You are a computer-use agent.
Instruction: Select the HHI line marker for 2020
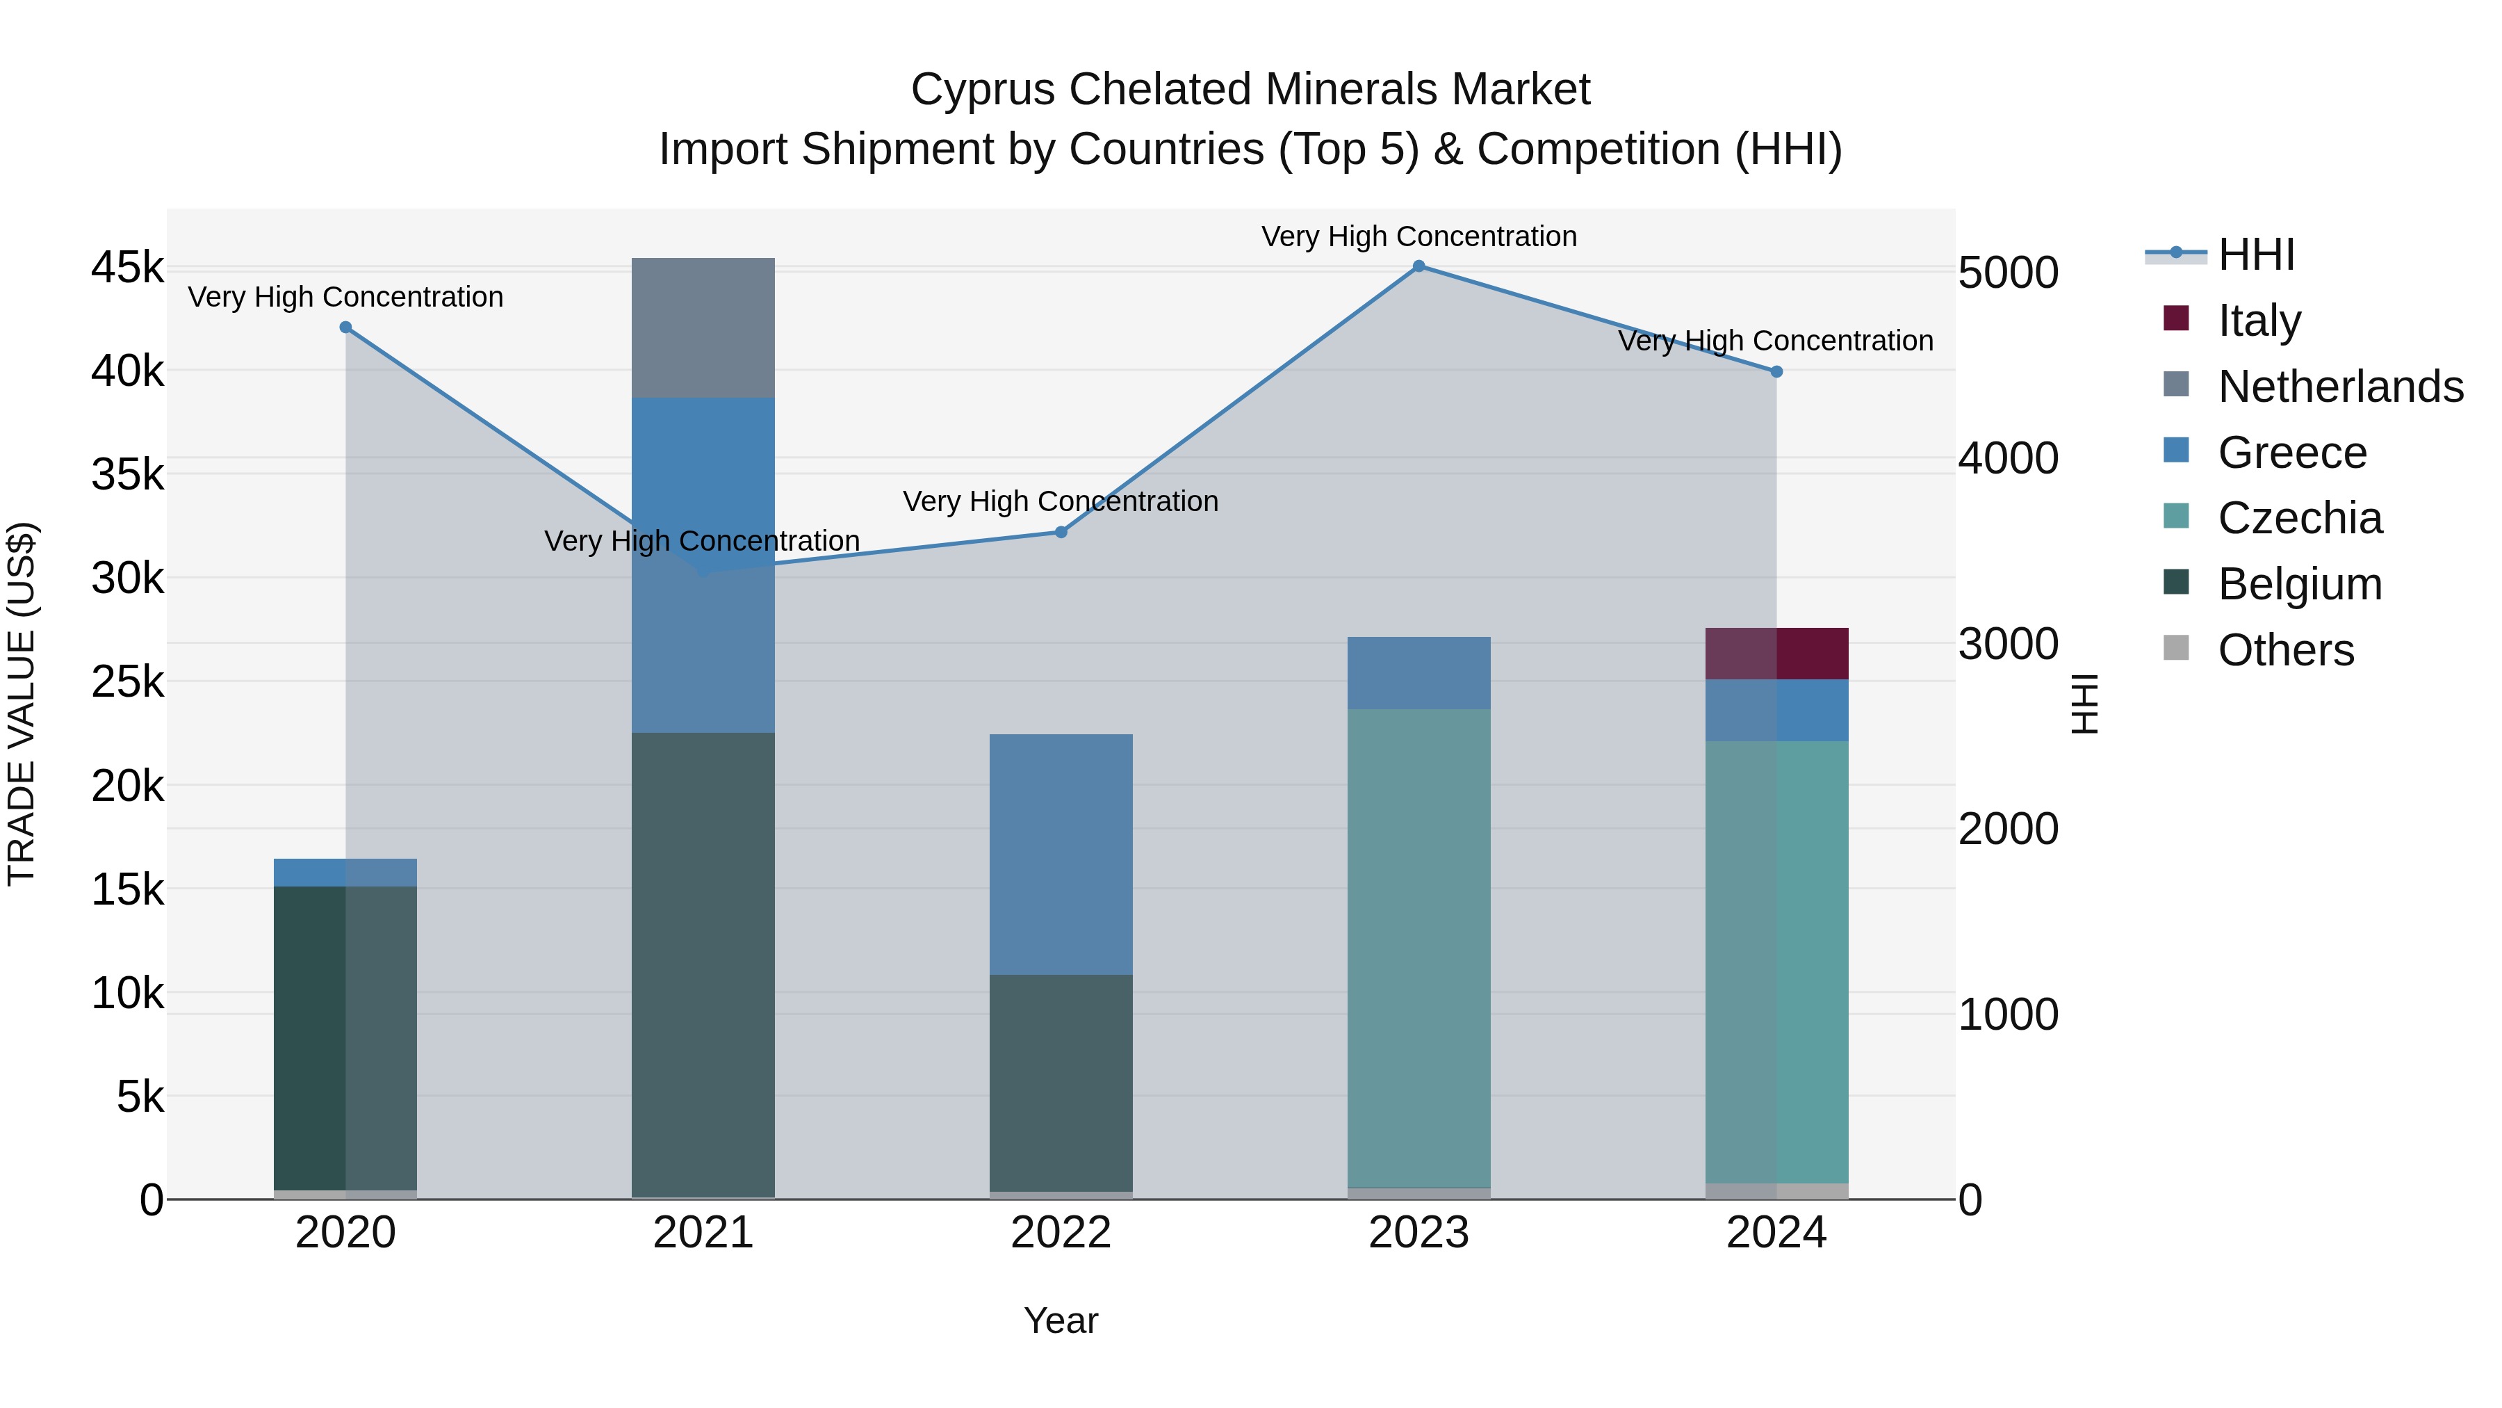pos(346,327)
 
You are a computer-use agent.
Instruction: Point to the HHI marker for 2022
pos(1061,533)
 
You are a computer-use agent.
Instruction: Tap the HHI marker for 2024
pos(1776,372)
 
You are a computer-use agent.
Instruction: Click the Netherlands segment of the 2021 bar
pos(703,327)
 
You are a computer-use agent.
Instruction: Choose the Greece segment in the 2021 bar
pos(703,467)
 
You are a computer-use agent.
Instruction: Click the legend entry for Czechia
pos(2299,518)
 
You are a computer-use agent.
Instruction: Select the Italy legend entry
pos(2259,321)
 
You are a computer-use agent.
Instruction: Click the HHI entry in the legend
pos(2255,254)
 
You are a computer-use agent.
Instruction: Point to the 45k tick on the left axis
pos(127,267)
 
